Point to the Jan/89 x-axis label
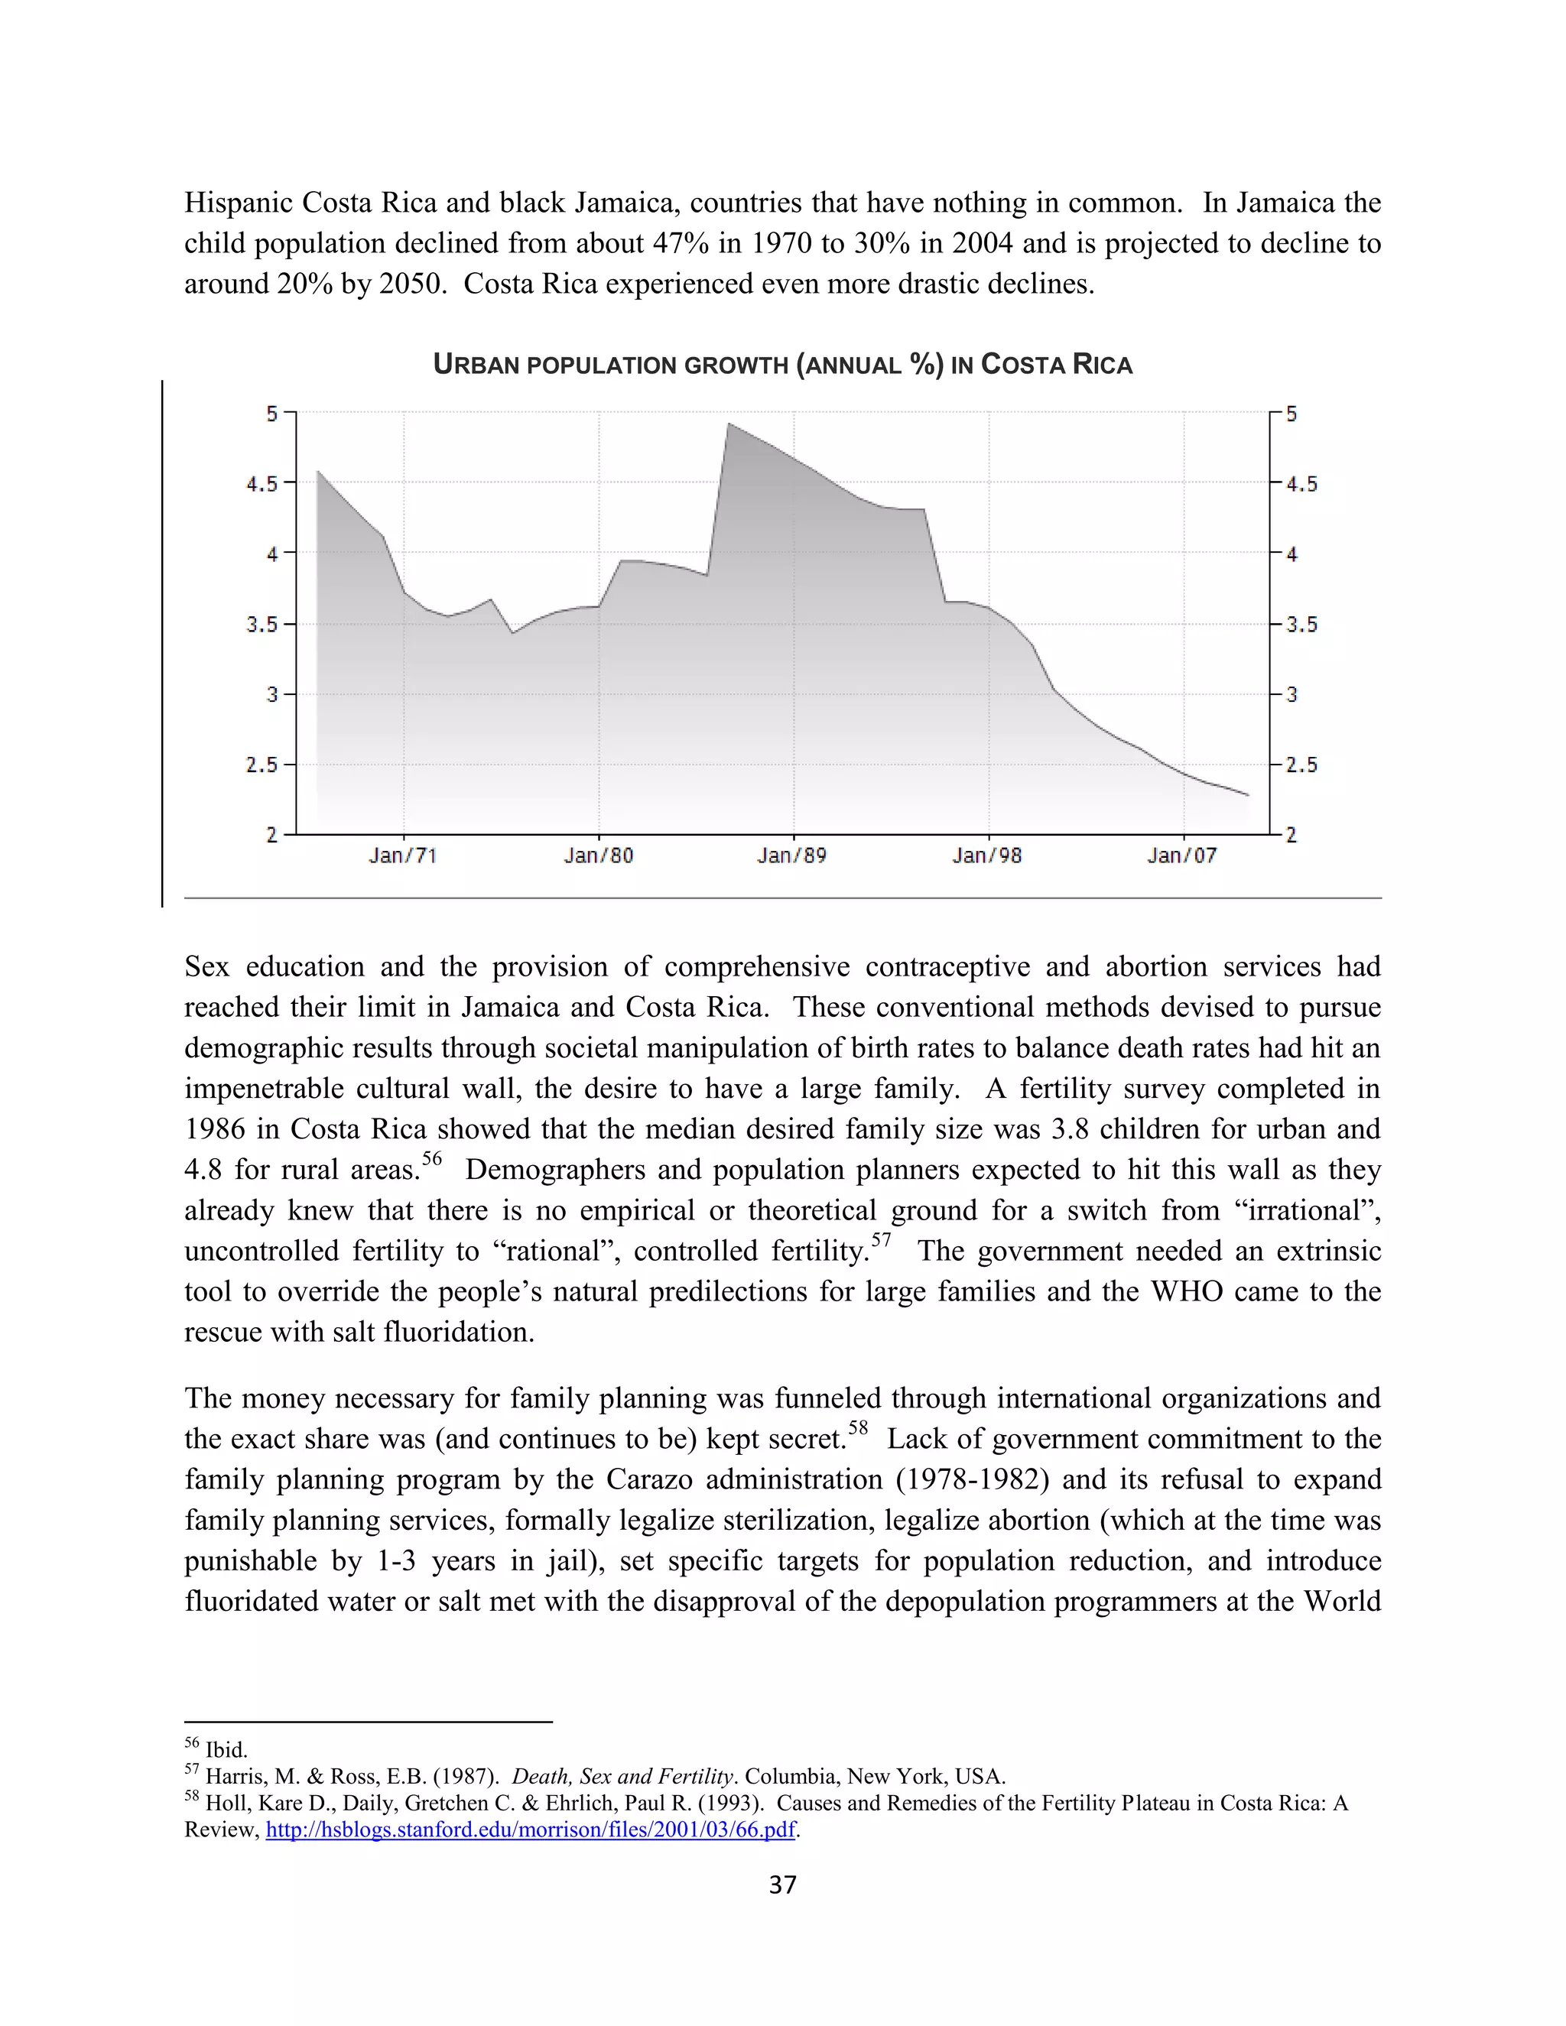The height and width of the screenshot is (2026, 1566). [x=791, y=856]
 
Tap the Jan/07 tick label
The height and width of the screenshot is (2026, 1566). [x=1181, y=856]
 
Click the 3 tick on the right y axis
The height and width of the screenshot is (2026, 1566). [x=1291, y=695]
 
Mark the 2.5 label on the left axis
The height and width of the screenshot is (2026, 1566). [x=262, y=765]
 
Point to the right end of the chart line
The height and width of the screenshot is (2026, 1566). [x=1248, y=795]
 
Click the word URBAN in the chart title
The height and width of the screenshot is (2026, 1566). [x=476, y=365]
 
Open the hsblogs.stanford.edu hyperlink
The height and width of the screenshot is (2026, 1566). [x=531, y=1830]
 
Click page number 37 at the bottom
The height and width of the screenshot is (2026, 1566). [x=782, y=1884]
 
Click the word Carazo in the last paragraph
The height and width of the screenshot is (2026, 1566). [x=648, y=1479]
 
